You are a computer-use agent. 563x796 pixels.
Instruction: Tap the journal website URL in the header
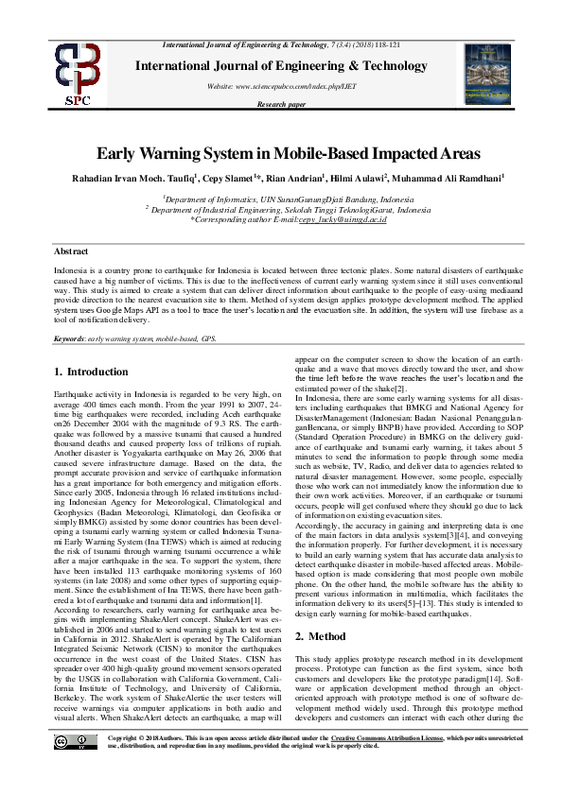[282, 86]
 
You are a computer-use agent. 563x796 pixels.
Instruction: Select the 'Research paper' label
[281, 105]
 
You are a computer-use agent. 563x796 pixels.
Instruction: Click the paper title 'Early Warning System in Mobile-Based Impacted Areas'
[281, 153]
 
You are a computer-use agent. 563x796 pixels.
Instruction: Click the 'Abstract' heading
[72, 252]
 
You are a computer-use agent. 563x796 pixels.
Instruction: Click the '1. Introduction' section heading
[91, 372]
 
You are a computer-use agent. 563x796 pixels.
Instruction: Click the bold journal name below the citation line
[281, 65]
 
